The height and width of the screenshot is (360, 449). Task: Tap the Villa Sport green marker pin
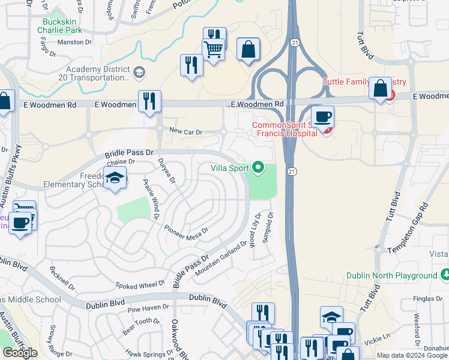coord(258,167)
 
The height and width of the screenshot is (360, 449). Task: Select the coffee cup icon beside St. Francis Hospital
coord(323,116)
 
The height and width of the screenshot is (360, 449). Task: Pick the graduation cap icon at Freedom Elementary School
coord(115,178)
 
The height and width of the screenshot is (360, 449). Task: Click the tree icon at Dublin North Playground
coord(445,275)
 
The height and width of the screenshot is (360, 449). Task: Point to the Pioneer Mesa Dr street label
coord(187,230)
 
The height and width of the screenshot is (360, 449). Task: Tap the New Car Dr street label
coord(186,131)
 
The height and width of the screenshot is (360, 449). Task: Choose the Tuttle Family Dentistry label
coord(364,82)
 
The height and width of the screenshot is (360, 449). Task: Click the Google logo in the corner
coord(19,352)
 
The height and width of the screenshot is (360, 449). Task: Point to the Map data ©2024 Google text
coord(411,355)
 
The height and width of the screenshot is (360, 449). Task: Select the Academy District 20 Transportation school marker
coord(139,73)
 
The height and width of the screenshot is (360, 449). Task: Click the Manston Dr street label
coord(74,43)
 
